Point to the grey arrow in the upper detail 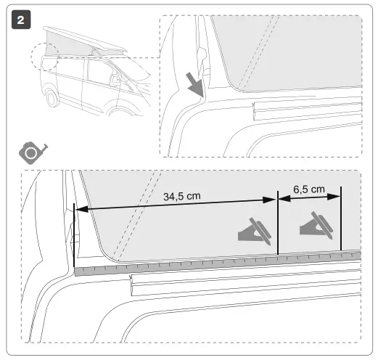(x=194, y=86)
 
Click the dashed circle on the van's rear (x=42, y=59)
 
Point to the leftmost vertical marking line (x=74, y=232)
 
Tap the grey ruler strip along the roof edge (x=218, y=262)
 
